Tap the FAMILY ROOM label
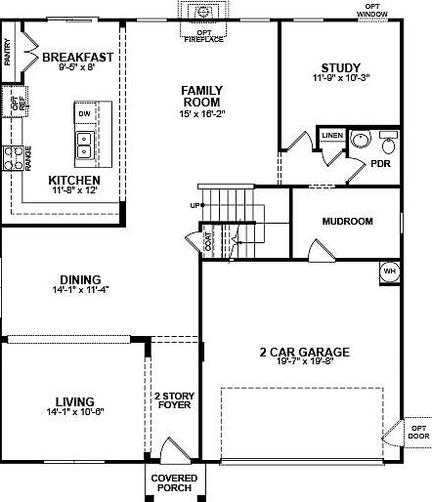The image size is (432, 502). (x=200, y=96)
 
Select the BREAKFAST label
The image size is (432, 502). (x=78, y=57)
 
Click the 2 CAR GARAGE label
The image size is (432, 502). (x=305, y=352)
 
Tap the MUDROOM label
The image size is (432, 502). (x=347, y=222)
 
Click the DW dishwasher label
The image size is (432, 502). (x=84, y=113)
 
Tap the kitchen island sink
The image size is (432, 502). (x=85, y=145)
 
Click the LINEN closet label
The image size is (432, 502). (x=332, y=135)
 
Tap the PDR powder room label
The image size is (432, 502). (x=355, y=164)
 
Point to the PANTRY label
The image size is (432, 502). (x=8, y=50)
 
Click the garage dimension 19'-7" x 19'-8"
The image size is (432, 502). (x=305, y=364)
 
